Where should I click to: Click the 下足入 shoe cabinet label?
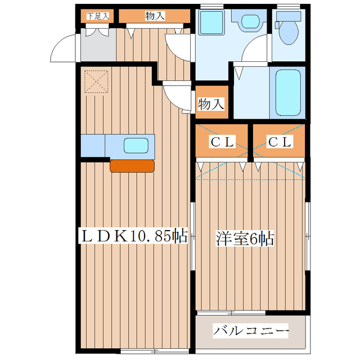click(x=97, y=16)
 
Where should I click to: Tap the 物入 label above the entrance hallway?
click(x=155, y=16)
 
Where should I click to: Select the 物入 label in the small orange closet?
click(x=211, y=104)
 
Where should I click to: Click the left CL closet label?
click(x=223, y=143)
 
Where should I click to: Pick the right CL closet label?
click(x=279, y=143)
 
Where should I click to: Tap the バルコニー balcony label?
click(x=250, y=331)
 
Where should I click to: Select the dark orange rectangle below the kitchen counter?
click(x=132, y=165)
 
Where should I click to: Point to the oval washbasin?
click(x=247, y=21)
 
